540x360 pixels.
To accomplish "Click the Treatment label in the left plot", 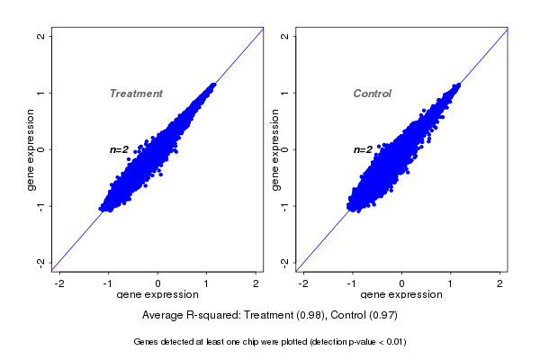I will click(x=136, y=94).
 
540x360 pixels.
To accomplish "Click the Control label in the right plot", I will click(x=373, y=94).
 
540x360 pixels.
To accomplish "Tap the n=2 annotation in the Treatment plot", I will click(x=120, y=149).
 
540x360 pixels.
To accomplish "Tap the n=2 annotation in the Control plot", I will click(x=363, y=149).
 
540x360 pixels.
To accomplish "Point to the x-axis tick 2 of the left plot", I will click(x=256, y=283).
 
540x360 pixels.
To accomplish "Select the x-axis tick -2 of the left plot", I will click(x=59, y=283).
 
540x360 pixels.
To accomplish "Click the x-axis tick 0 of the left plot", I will click(x=158, y=283).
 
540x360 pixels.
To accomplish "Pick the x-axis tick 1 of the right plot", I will click(x=452, y=283).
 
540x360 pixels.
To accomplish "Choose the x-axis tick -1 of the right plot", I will click(x=352, y=283).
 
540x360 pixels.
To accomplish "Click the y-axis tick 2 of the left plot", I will click(x=41, y=36).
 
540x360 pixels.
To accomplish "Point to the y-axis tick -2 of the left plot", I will click(x=41, y=262).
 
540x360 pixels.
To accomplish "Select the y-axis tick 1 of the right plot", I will click(x=285, y=93).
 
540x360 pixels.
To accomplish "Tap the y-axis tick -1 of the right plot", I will click(x=285, y=205).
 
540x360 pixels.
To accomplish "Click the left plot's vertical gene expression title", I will click(x=31, y=149).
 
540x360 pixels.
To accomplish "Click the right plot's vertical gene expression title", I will click(x=274, y=149).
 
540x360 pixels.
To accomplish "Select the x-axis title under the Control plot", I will click(x=401, y=295).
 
